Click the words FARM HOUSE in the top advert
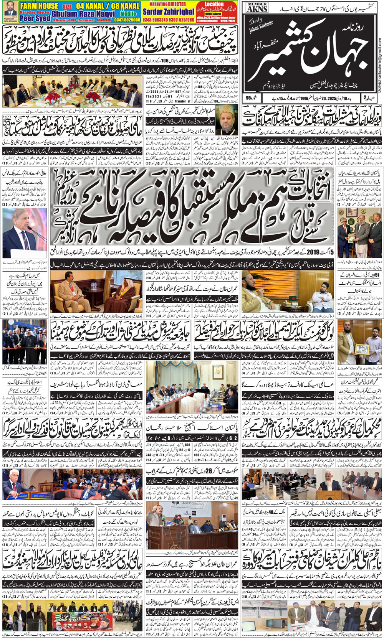point(39,6)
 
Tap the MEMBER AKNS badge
point(257,7)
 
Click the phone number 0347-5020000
point(126,19)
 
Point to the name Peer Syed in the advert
point(35,18)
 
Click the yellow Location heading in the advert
point(214,4)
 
